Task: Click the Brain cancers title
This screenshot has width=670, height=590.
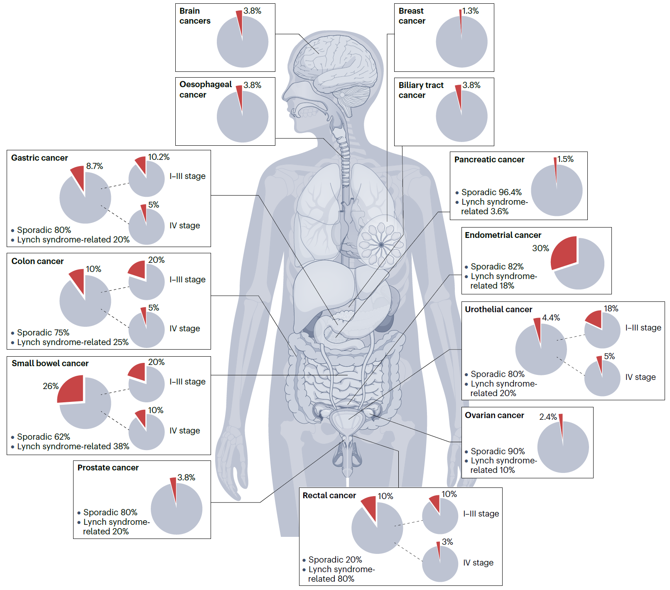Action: [x=195, y=16]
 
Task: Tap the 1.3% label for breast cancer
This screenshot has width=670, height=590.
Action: [x=471, y=11]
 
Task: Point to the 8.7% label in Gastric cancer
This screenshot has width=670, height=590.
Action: [x=94, y=166]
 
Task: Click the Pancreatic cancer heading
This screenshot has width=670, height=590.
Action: [x=489, y=159]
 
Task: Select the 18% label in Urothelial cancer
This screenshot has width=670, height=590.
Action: [x=611, y=308]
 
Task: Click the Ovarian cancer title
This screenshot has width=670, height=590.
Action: [x=494, y=415]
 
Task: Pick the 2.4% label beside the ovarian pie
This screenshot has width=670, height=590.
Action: [x=548, y=417]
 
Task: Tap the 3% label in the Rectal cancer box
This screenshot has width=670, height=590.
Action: [x=447, y=542]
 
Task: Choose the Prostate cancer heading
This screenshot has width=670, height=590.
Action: [x=108, y=468]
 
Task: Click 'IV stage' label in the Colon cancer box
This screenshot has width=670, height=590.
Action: [x=184, y=328]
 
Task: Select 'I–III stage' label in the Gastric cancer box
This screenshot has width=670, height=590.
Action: [x=187, y=176]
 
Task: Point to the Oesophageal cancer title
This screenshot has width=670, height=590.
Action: [x=206, y=89]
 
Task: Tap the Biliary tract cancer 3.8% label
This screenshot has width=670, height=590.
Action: [x=471, y=85]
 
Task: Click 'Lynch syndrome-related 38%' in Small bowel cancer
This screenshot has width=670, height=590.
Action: [x=73, y=446]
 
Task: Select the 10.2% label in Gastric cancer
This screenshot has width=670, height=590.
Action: [x=159, y=157]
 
